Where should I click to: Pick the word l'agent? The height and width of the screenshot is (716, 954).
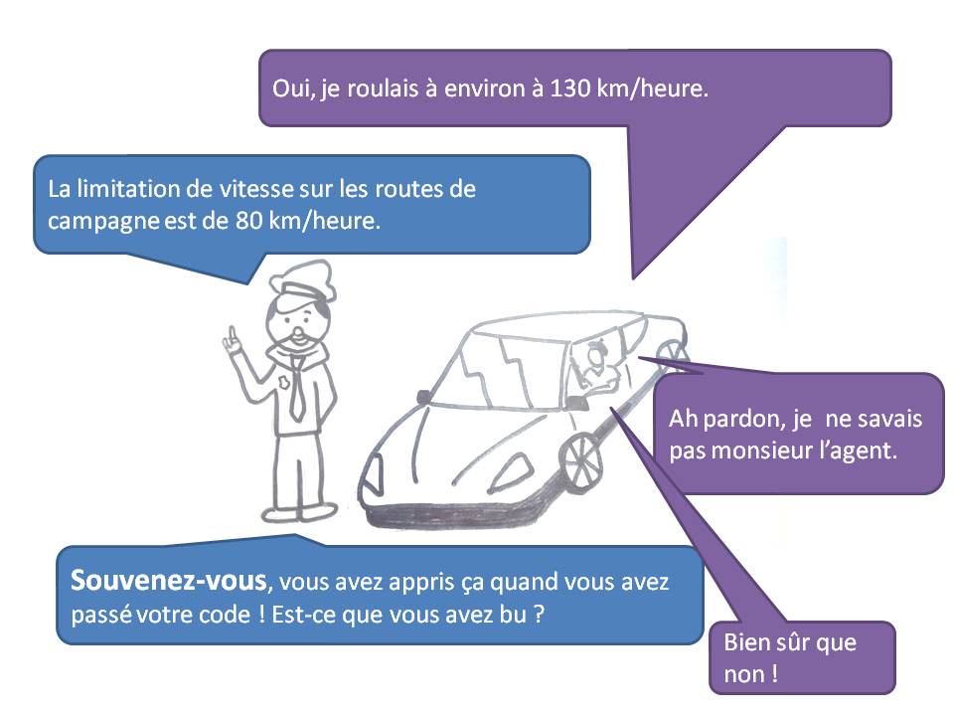coord(864,449)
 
